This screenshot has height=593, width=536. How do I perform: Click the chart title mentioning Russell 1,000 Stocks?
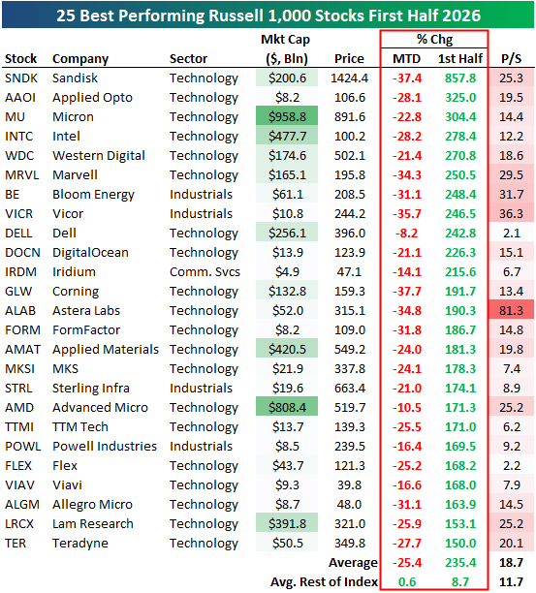click(x=268, y=16)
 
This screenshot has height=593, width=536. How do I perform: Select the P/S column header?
click(x=511, y=58)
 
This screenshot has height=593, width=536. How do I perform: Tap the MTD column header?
click(x=407, y=58)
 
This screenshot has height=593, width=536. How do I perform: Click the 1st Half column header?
click(x=460, y=58)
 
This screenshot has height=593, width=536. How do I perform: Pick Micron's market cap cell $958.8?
click(x=287, y=116)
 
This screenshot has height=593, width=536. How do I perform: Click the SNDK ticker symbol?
click(x=21, y=78)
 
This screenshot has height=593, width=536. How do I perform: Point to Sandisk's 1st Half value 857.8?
click(x=460, y=78)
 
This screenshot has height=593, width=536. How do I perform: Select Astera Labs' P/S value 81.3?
click(x=512, y=310)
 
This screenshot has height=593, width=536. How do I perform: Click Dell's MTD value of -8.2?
click(x=407, y=233)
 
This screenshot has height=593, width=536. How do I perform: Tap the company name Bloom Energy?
click(x=93, y=195)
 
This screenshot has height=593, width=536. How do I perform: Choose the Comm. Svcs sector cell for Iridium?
click(x=205, y=272)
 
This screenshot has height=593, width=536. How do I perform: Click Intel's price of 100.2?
click(x=350, y=137)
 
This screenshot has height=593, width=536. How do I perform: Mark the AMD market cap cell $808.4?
click(x=287, y=407)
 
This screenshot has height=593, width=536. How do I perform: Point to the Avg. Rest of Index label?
click(x=324, y=581)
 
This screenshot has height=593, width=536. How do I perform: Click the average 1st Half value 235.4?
click(x=460, y=562)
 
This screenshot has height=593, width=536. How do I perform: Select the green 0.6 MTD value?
click(x=407, y=581)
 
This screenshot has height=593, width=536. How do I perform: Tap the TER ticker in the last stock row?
click(x=16, y=543)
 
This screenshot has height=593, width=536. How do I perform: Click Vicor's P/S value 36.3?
click(x=512, y=214)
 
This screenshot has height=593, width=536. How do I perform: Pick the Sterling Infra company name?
click(x=91, y=388)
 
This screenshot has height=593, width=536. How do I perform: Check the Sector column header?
click(x=188, y=58)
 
